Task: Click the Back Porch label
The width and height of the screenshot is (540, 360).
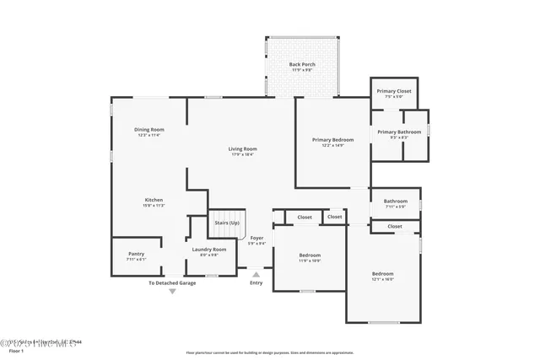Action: pyautogui.click(x=301, y=65)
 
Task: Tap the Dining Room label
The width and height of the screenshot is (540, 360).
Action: pyautogui.click(x=148, y=130)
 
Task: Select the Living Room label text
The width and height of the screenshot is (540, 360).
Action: pyautogui.click(x=241, y=150)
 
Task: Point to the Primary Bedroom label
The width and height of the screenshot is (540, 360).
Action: pyautogui.click(x=332, y=140)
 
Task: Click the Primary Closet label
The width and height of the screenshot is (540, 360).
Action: pyautogui.click(x=393, y=91)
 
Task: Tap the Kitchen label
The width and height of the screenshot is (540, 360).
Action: pyautogui.click(x=154, y=200)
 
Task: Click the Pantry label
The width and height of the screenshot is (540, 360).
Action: pyautogui.click(x=136, y=254)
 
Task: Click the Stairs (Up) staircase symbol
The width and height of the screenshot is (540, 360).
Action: pyautogui.click(x=226, y=223)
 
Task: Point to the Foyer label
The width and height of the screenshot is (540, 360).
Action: pyautogui.click(x=256, y=239)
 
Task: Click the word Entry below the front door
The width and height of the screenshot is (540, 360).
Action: pyautogui.click(x=256, y=282)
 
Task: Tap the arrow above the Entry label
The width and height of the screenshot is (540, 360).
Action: pyautogui.click(x=256, y=272)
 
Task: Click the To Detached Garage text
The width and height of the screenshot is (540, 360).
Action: pyautogui.click(x=172, y=282)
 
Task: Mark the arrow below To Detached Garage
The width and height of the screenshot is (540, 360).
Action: pyautogui.click(x=172, y=292)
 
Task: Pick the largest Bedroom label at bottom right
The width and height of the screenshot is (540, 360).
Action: pyautogui.click(x=383, y=274)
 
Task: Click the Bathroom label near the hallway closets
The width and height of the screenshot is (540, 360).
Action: pyautogui.click(x=395, y=201)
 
